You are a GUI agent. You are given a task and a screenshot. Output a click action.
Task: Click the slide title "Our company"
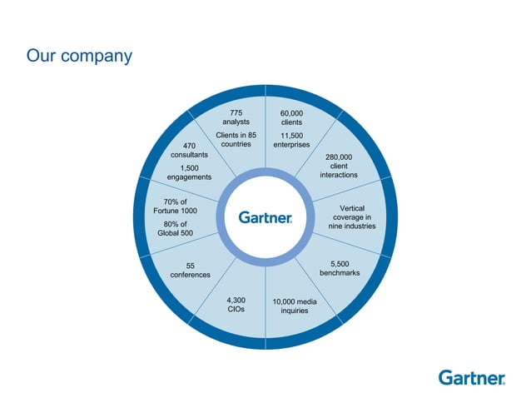click(79, 57)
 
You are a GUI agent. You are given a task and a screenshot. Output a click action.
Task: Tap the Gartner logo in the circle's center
click(265, 217)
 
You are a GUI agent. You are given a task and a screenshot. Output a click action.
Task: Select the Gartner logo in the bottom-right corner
click(472, 377)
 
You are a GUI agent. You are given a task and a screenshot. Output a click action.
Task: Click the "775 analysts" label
click(236, 117)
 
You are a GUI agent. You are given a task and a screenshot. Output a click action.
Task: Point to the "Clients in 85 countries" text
click(236, 139)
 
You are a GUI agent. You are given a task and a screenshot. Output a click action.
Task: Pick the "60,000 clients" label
click(291, 118)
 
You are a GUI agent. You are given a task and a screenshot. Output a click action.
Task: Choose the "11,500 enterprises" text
click(291, 140)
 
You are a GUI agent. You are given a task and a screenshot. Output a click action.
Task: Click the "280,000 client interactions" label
click(339, 166)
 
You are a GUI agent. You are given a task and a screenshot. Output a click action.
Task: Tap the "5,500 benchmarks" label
click(340, 267)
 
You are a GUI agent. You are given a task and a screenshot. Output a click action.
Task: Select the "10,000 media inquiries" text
click(295, 306)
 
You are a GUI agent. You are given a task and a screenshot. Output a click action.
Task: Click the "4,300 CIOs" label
click(236, 304)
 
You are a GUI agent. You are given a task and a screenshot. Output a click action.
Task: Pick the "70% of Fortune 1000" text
click(175, 206)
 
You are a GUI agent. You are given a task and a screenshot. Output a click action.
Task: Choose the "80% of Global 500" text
click(175, 228)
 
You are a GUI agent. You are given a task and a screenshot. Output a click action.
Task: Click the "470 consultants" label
click(189, 151)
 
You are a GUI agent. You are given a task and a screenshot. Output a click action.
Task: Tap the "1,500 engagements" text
click(189, 172)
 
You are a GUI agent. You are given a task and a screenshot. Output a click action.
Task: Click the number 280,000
click(339, 157)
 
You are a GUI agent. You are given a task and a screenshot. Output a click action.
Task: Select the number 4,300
click(236, 299)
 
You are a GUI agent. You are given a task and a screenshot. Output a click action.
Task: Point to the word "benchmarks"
click(340, 272)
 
